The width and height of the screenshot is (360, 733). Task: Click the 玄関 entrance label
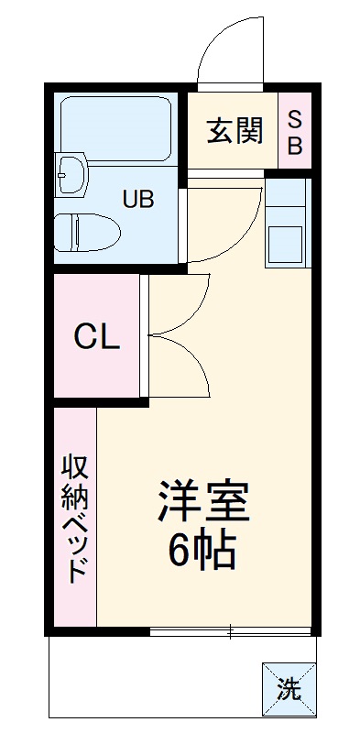235,131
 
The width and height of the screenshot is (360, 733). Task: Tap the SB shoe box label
295,132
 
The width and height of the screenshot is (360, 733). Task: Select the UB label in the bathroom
139,197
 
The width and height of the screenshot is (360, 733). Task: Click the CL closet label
96,338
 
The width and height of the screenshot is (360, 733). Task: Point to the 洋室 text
203,502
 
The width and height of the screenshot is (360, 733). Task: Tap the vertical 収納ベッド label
74,518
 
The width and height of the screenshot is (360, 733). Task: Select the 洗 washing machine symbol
289,688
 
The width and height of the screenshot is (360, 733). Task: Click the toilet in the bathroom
84,233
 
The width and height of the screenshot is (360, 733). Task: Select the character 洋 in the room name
179,502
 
